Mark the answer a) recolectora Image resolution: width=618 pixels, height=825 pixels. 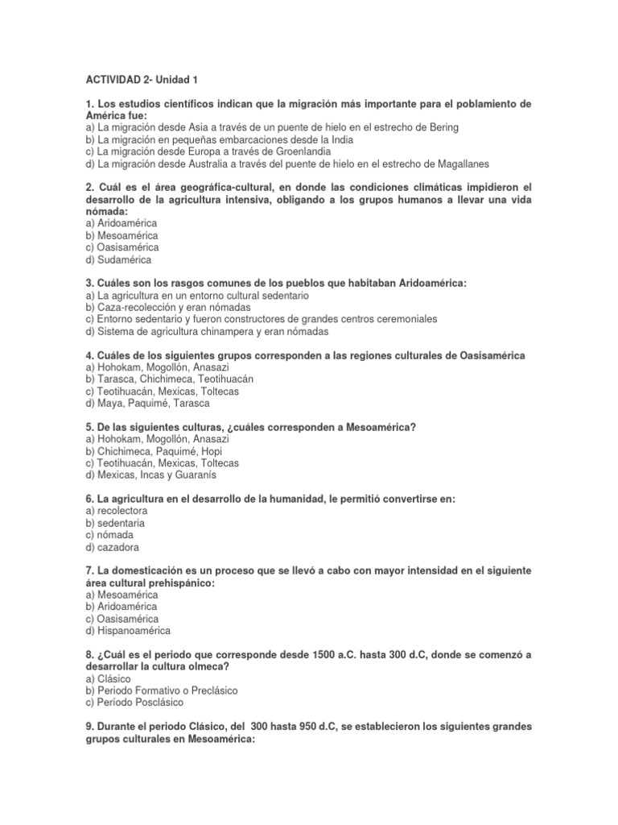[x=117, y=511]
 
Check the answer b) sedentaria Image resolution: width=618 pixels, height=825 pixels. [x=115, y=523]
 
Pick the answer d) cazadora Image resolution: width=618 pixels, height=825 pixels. [x=113, y=547]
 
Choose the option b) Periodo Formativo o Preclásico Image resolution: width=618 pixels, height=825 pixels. [x=161, y=690]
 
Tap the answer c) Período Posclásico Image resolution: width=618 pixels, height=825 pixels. [x=138, y=703]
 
